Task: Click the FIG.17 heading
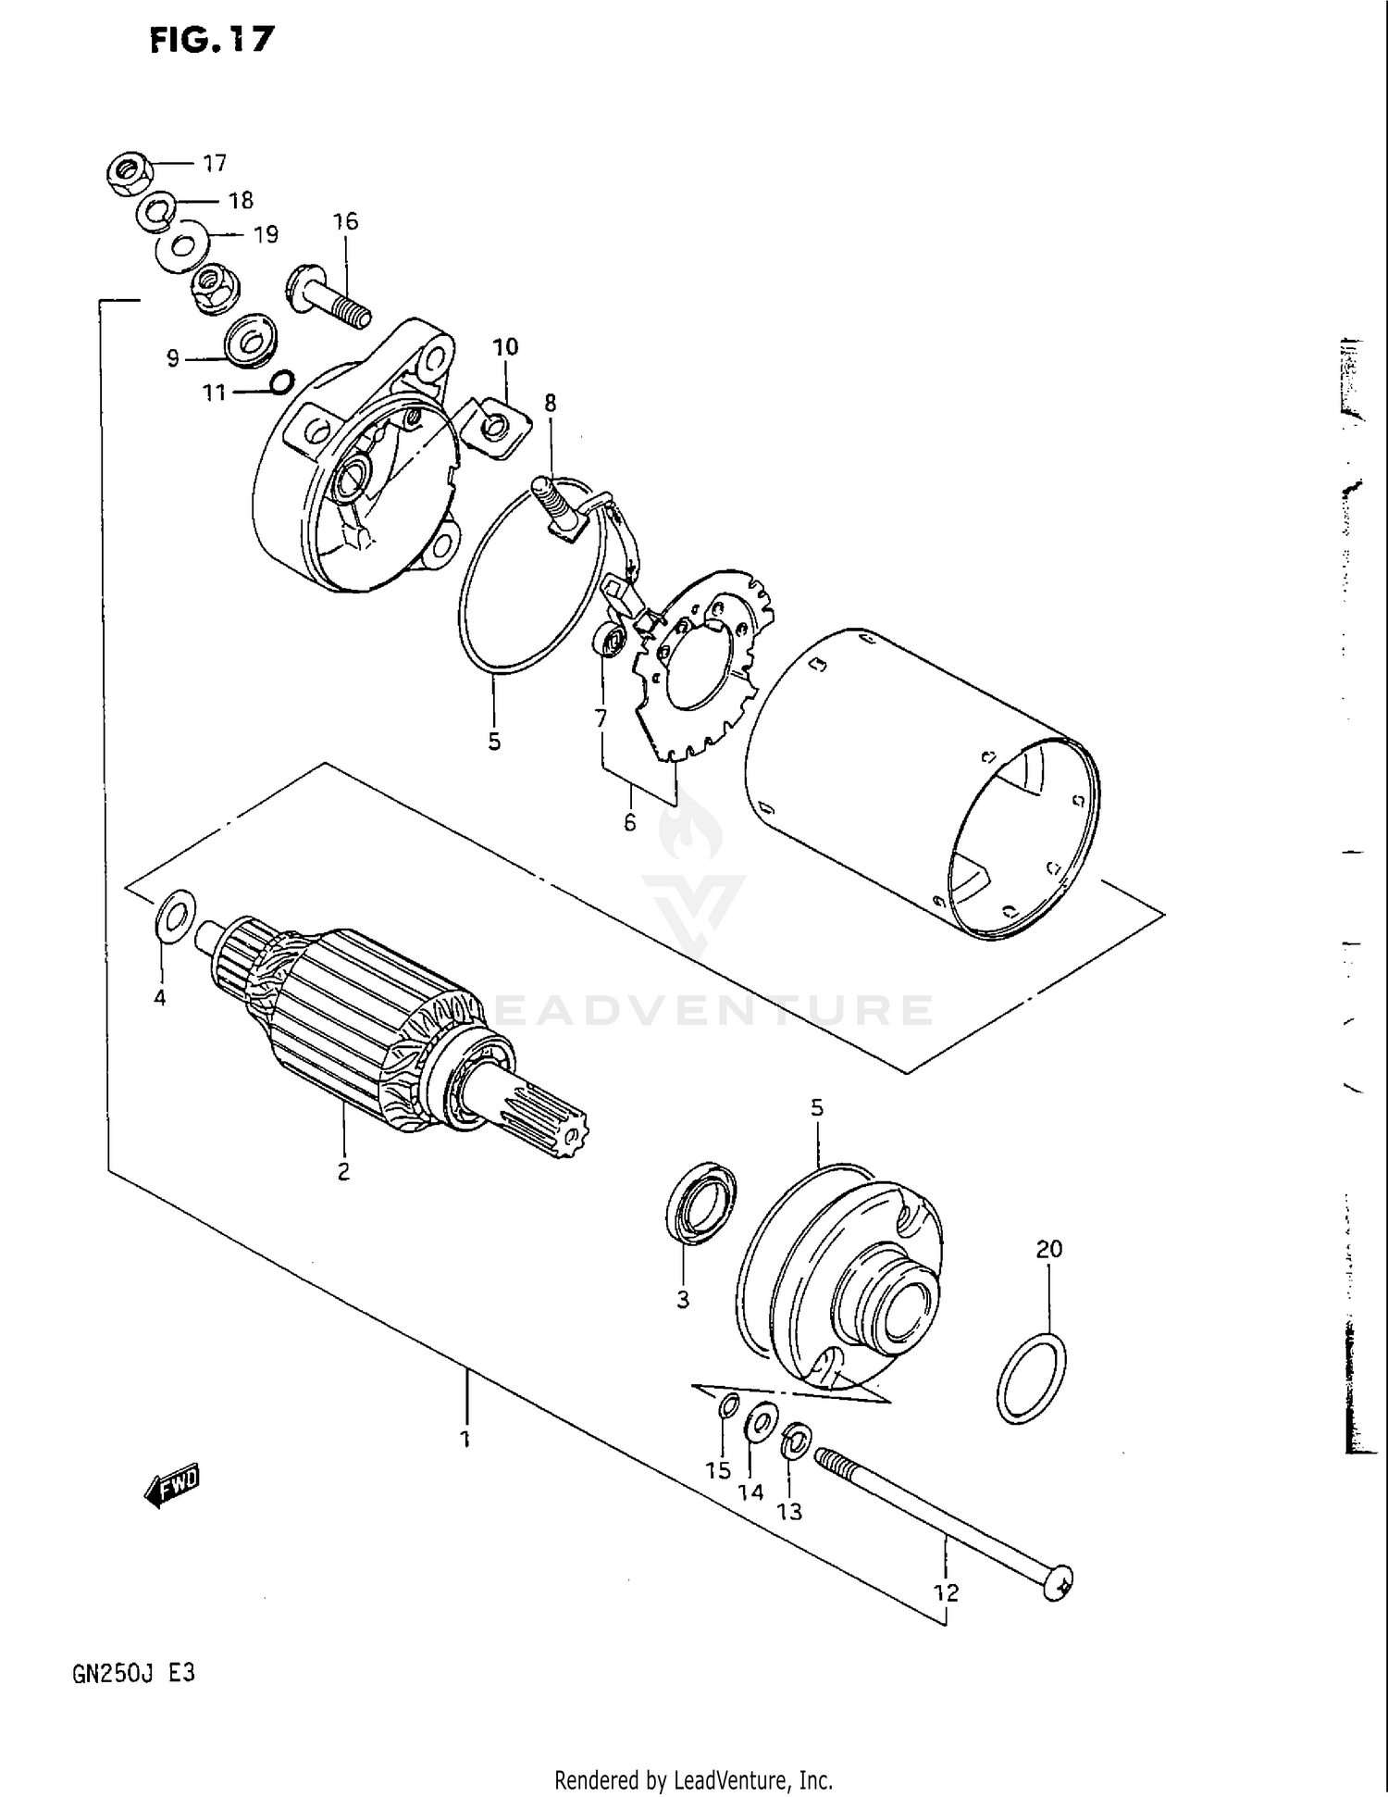212,40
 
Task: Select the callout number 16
345,221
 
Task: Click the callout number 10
505,347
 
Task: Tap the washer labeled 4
175,913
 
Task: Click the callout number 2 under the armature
343,1171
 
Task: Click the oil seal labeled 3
701,1201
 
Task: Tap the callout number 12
946,1591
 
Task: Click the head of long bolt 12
1059,1581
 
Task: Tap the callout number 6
630,822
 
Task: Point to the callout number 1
466,1440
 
